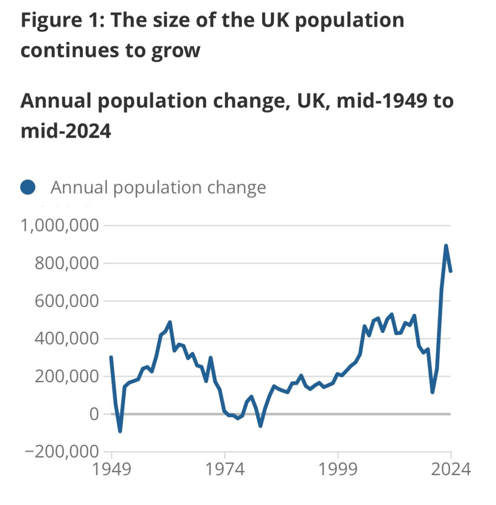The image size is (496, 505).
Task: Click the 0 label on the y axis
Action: click(x=93, y=414)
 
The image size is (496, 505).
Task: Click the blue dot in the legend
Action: click(x=28, y=188)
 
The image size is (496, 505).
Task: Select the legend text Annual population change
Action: click(x=158, y=188)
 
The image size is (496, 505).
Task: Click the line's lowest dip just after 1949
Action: click(x=120, y=431)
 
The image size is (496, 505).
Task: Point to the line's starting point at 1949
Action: click(x=111, y=357)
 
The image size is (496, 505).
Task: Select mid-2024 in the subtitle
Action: click(x=66, y=131)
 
